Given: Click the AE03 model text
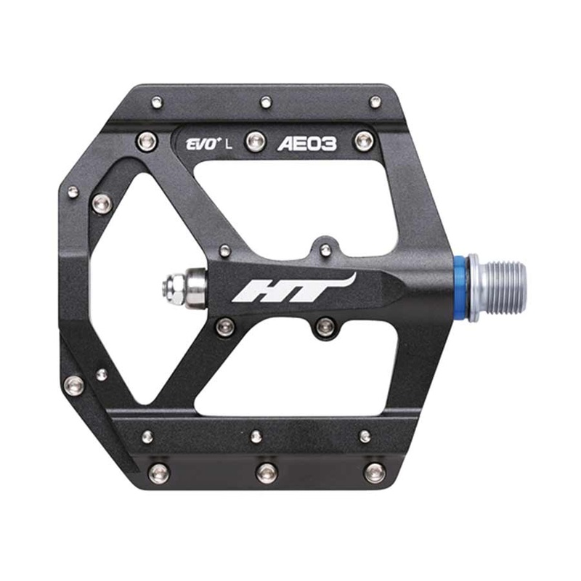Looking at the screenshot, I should [x=307, y=144].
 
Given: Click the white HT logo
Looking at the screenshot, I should [x=290, y=290].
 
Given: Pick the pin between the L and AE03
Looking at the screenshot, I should [x=253, y=140].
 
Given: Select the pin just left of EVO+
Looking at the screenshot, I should [x=147, y=139].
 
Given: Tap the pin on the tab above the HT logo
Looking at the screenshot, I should [x=325, y=250].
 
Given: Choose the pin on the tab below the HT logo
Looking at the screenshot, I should [x=326, y=327].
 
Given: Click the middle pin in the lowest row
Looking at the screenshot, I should [x=267, y=473].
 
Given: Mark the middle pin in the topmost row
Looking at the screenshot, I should [x=266, y=101].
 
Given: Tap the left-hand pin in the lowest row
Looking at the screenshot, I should [x=158, y=473].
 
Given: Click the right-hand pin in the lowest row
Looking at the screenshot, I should [x=375, y=473].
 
